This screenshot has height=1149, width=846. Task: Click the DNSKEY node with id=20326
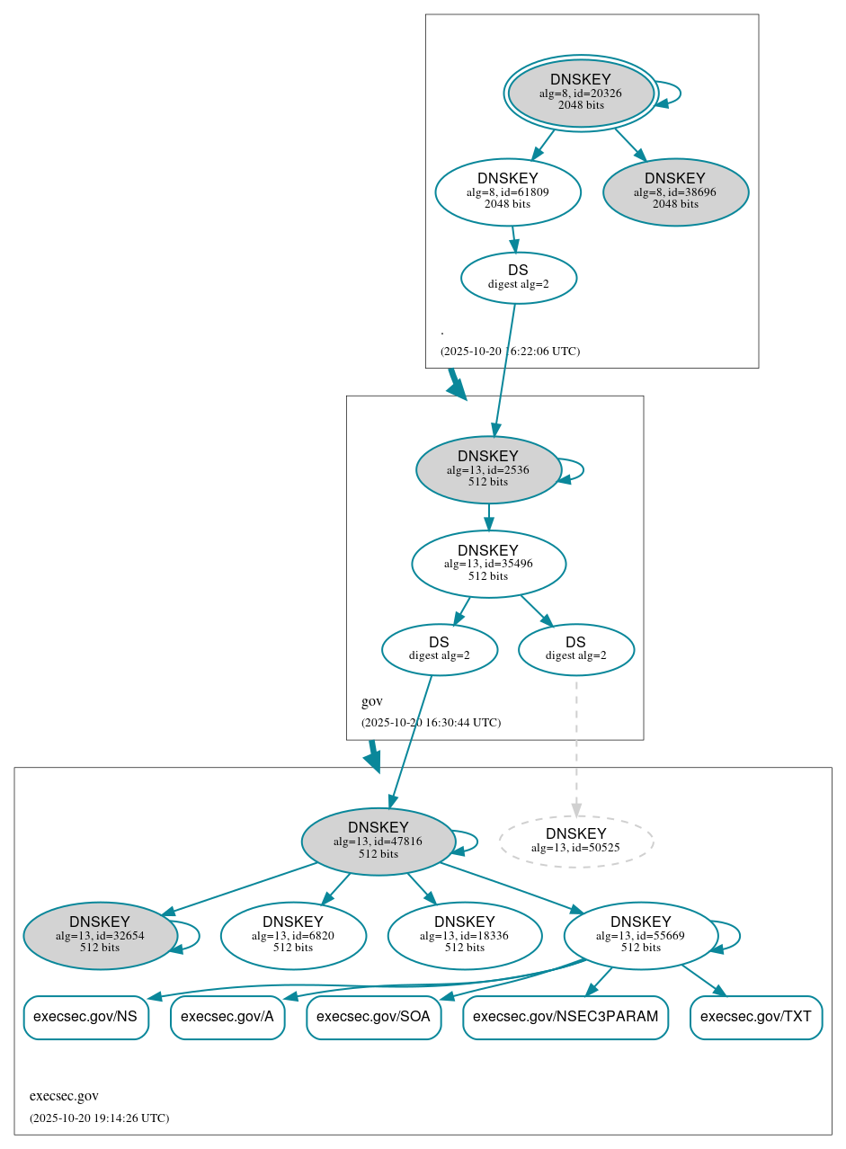click(x=580, y=93)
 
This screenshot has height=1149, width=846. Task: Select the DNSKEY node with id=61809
click(x=508, y=191)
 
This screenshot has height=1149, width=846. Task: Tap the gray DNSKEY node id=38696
click(x=675, y=191)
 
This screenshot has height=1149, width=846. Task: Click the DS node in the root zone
click(x=518, y=277)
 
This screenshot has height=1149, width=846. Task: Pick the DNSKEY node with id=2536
click(x=488, y=469)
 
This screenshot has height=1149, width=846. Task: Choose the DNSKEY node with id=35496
click(x=488, y=564)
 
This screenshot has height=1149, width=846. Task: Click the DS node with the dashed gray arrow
click(x=575, y=649)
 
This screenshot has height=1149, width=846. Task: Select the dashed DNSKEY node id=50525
click(x=575, y=841)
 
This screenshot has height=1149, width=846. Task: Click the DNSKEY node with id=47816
click(x=378, y=841)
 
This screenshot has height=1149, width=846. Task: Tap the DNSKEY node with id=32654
click(x=100, y=936)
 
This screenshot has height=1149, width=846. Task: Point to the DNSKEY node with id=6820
click(x=293, y=936)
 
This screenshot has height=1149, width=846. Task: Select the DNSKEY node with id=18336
click(x=465, y=936)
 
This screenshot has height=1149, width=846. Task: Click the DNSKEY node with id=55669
click(x=640, y=936)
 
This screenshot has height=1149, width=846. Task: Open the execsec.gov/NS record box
click(x=85, y=1017)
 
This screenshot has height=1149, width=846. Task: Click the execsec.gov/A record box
click(x=227, y=1017)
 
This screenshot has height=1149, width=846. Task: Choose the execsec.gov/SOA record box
click(x=373, y=1017)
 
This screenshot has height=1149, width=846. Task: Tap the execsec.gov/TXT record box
click(x=756, y=1017)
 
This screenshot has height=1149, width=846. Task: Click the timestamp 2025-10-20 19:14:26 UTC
click(x=99, y=1118)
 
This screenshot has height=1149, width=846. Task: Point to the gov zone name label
click(x=372, y=701)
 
